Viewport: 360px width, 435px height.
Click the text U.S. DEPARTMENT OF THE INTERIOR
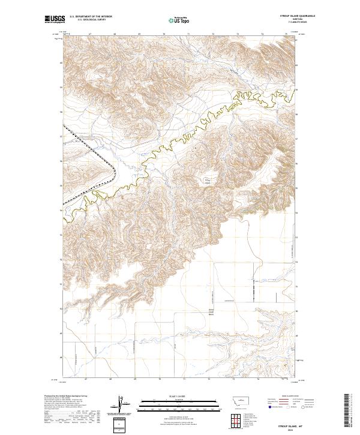(91, 16)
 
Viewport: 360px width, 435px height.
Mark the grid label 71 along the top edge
(188, 35)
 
